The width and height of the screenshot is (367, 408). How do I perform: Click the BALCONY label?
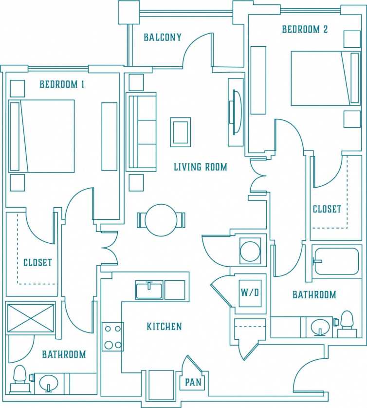coord(163,38)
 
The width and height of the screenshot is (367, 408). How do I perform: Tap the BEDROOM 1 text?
coord(62,84)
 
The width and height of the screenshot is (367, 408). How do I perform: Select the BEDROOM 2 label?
coord(305,29)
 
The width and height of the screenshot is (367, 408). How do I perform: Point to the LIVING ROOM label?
coord(201,167)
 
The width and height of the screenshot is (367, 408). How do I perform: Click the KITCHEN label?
coord(164,327)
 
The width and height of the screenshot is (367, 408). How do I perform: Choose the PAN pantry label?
coord(193,382)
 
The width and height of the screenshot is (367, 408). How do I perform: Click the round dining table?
coord(161,220)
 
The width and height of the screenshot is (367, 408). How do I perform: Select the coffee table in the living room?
coord(180,132)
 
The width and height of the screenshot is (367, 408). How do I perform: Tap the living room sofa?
coord(142,132)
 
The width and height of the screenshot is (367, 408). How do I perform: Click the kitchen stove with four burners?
coord(112,336)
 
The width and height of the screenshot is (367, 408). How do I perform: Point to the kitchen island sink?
coord(149,290)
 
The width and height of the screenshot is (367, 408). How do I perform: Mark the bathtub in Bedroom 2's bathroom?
coord(337,262)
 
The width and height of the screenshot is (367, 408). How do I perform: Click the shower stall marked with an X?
coord(30,318)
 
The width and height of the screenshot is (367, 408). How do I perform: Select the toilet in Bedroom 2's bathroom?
coord(347,323)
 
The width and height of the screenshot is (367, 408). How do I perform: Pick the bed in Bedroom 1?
coord(42,136)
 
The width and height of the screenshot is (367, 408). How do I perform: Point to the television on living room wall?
coord(236,112)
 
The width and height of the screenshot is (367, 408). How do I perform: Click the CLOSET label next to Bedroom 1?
coord(37,263)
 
